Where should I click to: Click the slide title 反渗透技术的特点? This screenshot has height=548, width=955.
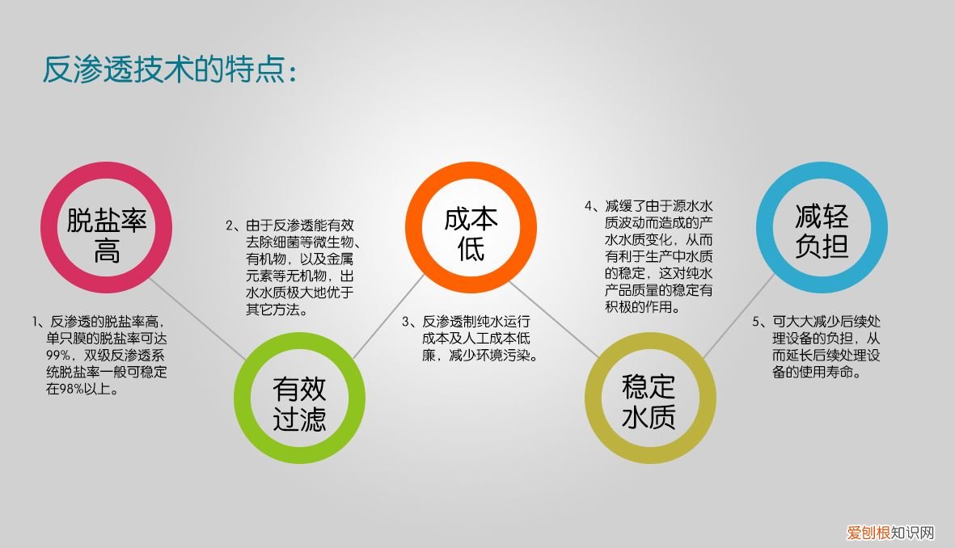170,70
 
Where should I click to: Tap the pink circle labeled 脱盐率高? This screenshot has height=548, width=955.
107,229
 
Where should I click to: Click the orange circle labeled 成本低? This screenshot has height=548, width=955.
471,227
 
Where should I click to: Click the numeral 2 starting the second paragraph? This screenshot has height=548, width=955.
229,226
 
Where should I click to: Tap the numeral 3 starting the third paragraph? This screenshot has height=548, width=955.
408,322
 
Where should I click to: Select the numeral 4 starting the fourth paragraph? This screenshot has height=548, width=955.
589,205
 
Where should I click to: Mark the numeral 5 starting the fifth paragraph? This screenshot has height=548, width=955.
755,322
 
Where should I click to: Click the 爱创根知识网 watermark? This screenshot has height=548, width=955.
890,533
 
